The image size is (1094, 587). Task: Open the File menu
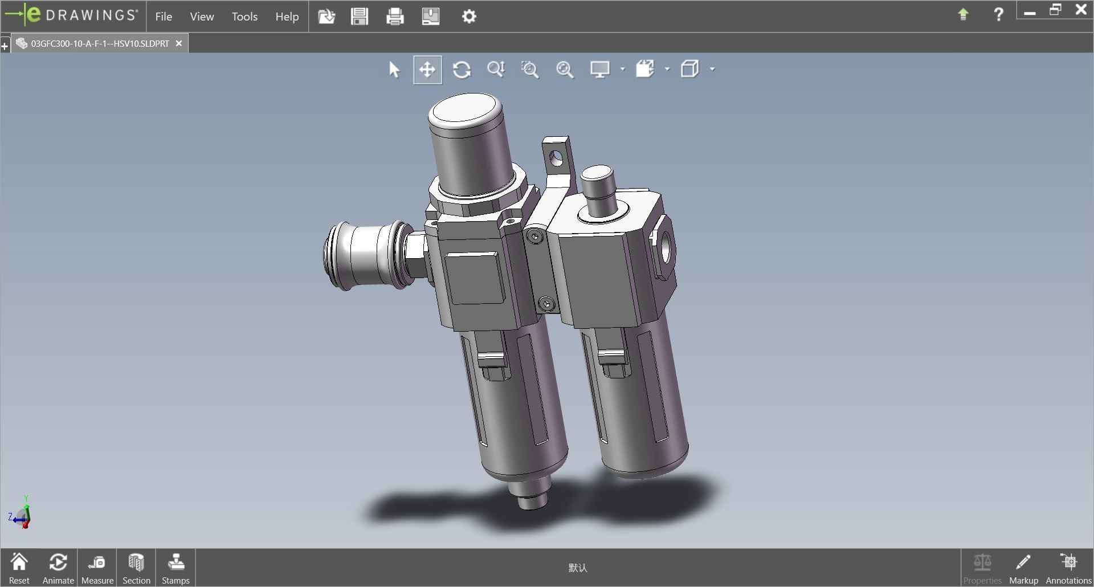point(164,17)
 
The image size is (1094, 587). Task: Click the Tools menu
point(244,17)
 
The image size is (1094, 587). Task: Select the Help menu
point(287,17)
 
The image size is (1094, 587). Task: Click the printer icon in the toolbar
point(395,16)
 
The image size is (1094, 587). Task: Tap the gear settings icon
point(468,16)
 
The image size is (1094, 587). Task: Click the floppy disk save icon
point(360,16)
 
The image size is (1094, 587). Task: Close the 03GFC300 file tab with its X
point(179,43)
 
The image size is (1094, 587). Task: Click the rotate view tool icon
point(462,70)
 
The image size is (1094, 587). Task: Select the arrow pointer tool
point(394,70)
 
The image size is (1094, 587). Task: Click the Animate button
point(58,568)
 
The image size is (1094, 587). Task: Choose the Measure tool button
point(97,568)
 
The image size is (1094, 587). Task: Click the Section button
point(136,568)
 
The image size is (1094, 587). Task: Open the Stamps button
point(175,568)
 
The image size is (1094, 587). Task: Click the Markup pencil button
point(1023,568)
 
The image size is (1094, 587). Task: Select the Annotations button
point(1068,568)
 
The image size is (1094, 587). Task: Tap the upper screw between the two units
point(534,237)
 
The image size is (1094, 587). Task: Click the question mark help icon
point(998,14)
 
